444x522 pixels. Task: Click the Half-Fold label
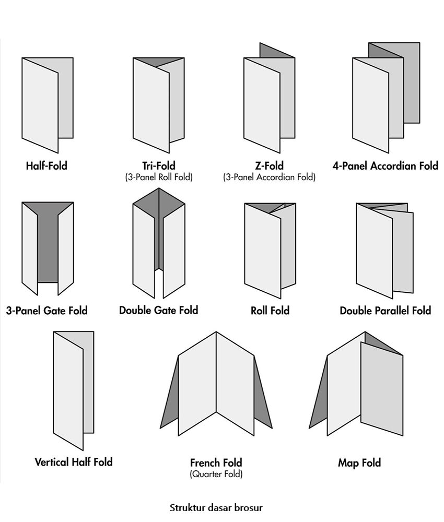click(46, 166)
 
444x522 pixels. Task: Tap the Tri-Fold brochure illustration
click(159, 105)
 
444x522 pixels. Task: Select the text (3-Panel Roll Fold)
click(159, 177)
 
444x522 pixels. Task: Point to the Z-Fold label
click(269, 166)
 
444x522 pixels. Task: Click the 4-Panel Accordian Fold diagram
click(386, 98)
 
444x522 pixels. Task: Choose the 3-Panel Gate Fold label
click(46, 311)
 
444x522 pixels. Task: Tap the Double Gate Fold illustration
click(159, 243)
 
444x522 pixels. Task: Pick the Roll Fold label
click(270, 311)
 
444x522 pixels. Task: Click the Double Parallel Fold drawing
click(385, 251)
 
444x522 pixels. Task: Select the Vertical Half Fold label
click(74, 462)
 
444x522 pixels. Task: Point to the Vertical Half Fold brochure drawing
click(74, 391)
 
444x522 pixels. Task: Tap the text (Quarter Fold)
click(216, 474)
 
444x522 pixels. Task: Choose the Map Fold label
click(359, 462)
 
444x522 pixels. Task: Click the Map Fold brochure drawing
click(356, 384)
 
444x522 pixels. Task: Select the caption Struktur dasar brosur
click(216, 508)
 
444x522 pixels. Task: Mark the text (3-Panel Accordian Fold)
click(269, 177)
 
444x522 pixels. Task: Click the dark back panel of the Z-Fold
click(277, 51)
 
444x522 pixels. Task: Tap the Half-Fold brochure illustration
click(48, 105)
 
